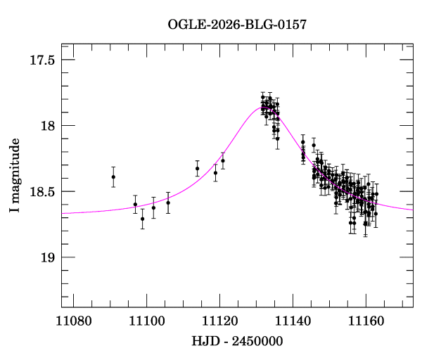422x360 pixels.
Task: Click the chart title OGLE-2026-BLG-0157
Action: (237, 25)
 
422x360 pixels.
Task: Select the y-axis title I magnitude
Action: (15, 175)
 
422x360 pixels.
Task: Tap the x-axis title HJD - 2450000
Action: (237, 341)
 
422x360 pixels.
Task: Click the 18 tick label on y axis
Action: (48, 126)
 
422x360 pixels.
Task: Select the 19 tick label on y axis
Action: (48, 257)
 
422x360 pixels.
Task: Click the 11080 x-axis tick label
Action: (74, 321)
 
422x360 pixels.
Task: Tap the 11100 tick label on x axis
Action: (147, 321)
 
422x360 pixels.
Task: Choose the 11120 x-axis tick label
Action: (220, 321)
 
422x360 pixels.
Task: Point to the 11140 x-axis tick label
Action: (293, 321)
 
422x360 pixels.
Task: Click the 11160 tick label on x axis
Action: (366, 321)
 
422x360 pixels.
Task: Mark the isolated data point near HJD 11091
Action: (113, 176)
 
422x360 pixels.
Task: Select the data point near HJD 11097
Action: (135, 205)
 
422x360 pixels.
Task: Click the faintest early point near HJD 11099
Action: (143, 219)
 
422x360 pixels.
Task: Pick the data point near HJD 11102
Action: (153, 207)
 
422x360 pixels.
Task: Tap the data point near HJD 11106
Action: (168, 203)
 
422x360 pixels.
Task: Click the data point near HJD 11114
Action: (197, 169)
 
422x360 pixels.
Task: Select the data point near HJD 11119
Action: (216, 173)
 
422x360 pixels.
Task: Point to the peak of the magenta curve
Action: (262, 108)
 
